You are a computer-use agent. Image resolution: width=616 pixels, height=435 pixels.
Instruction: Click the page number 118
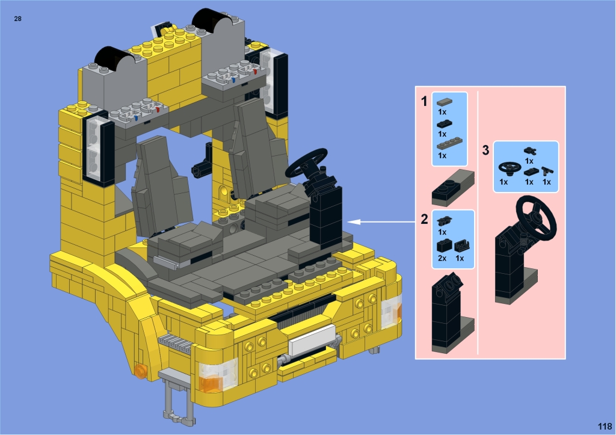[605, 427]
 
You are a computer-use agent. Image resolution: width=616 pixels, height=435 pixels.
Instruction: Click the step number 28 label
[17, 19]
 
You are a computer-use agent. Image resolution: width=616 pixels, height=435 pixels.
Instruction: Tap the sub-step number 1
[424, 102]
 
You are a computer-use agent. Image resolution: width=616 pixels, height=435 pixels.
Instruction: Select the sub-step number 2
[424, 219]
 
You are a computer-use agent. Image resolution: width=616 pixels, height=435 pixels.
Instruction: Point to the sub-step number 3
[485, 150]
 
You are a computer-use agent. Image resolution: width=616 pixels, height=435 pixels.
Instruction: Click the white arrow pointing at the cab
[382, 222]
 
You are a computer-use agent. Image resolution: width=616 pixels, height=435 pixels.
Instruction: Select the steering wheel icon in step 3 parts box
[510, 169]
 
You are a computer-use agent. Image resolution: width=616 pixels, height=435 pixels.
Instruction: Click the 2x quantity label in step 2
[442, 258]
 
